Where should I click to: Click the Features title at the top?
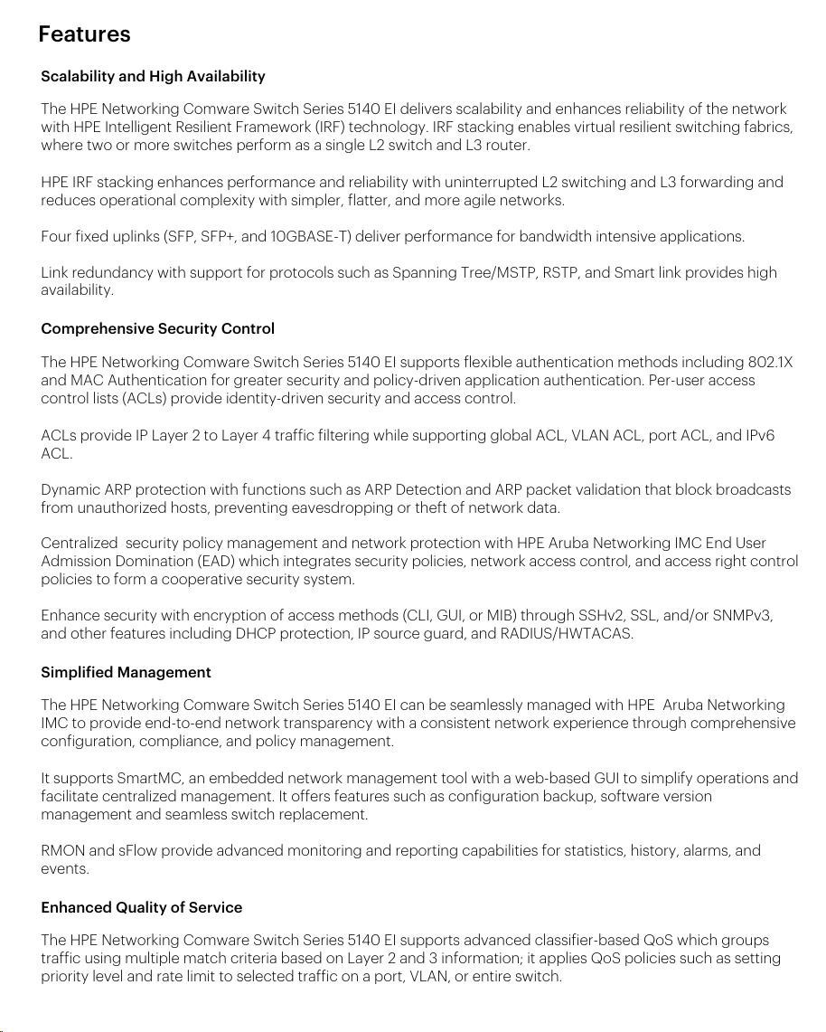click(x=84, y=34)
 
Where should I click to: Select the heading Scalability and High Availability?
click(x=153, y=76)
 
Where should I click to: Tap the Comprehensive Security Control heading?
click(x=157, y=328)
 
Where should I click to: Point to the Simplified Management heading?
click(x=126, y=672)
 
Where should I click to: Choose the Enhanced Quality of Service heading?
click(x=141, y=907)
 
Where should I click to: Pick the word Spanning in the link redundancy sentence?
click(x=422, y=272)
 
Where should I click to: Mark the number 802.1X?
click(x=770, y=363)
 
